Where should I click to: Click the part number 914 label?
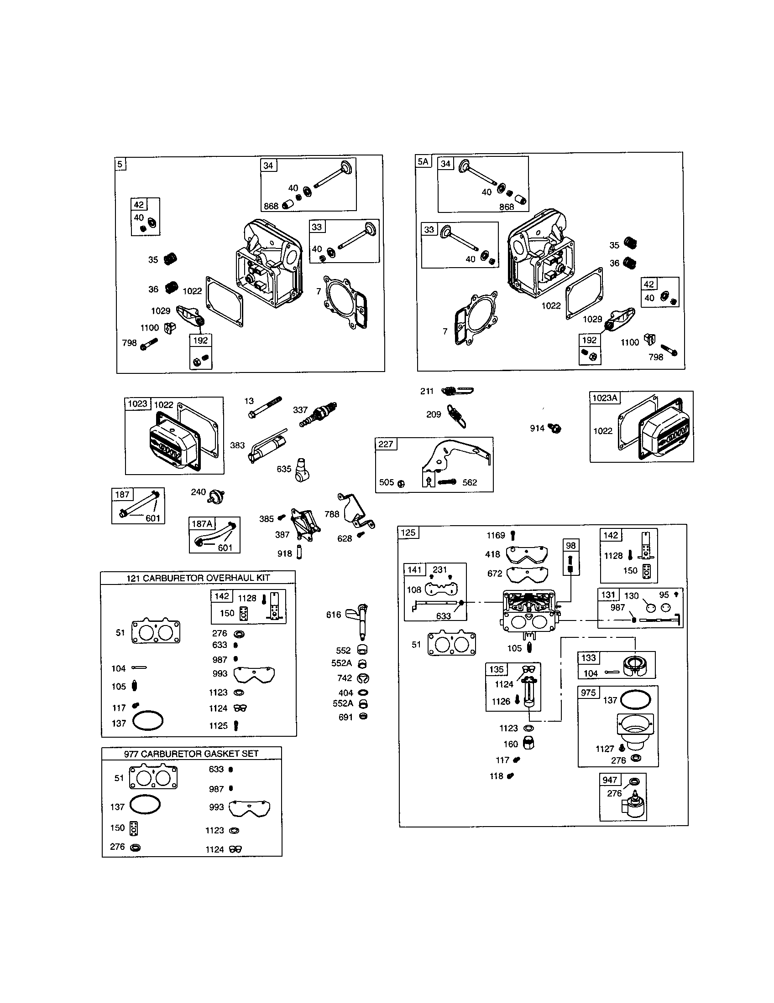click(x=537, y=428)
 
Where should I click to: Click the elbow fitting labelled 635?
click(x=301, y=469)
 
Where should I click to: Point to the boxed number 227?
click(x=386, y=444)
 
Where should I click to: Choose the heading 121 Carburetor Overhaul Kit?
click(x=198, y=578)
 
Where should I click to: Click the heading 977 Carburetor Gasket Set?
click(x=191, y=754)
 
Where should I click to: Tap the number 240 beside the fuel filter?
click(x=198, y=492)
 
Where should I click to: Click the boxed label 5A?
click(x=424, y=161)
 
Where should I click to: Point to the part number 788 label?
click(x=331, y=514)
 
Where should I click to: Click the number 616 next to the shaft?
click(x=333, y=615)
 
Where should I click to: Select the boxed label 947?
click(x=609, y=780)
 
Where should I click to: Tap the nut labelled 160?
click(x=528, y=744)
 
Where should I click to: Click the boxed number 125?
click(x=408, y=532)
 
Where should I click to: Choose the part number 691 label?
click(x=345, y=717)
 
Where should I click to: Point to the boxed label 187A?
click(x=202, y=523)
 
